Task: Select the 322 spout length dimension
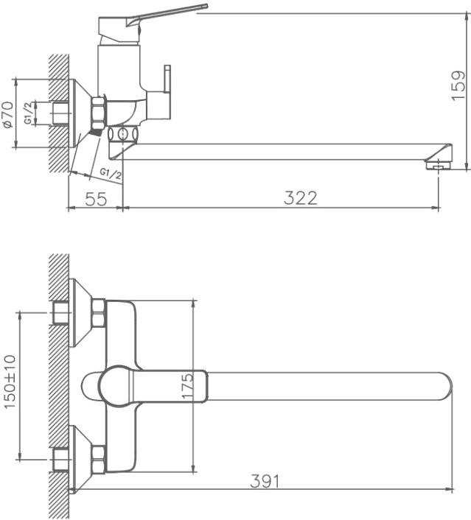pyautogui.click(x=301, y=197)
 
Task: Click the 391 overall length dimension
pyautogui.click(x=265, y=480)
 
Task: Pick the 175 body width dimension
pyautogui.click(x=187, y=385)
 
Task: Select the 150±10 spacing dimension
pyautogui.click(x=10, y=386)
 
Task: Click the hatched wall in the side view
pyautogui.click(x=58, y=110)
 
